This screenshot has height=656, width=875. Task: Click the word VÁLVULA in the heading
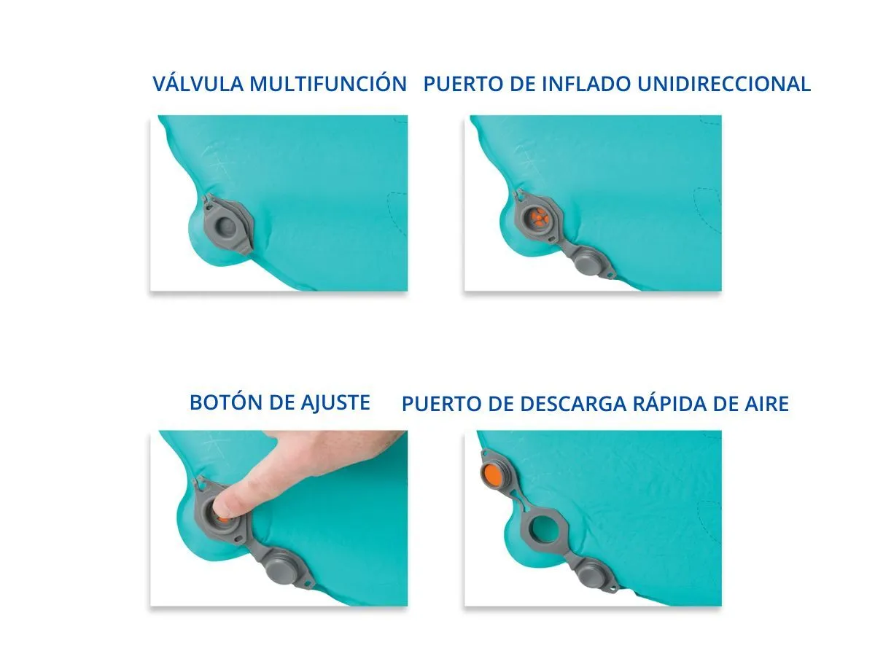coord(198,83)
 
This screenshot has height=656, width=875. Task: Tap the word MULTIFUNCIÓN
coord(328,83)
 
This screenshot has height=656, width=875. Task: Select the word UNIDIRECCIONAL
coord(724,84)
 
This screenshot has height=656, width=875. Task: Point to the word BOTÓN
coord(226,402)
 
